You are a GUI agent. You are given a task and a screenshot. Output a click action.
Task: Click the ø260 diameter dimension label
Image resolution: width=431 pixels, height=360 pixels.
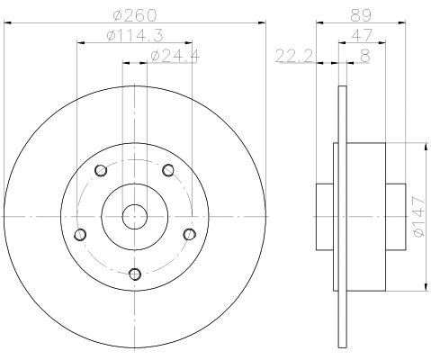pyautogui.click(x=135, y=15)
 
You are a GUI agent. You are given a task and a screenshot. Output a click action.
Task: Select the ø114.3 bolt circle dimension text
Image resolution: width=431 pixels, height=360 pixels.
pyautogui.click(x=135, y=36)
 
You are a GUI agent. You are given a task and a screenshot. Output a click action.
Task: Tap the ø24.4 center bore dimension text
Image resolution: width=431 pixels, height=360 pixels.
pyautogui.click(x=175, y=56)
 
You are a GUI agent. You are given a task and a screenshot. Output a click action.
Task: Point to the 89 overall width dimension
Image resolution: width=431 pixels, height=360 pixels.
pyautogui.click(x=361, y=15)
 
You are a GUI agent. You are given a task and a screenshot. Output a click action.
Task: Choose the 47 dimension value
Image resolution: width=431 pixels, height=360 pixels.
pyautogui.click(x=362, y=35)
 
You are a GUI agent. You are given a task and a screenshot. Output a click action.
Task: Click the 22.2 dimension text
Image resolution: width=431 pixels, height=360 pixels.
pyautogui.click(x=294, y=56)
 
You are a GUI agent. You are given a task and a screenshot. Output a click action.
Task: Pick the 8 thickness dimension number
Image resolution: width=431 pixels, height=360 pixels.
pyautogui.click(x=365, y=56)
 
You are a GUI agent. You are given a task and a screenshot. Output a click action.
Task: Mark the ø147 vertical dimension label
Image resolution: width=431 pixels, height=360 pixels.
pyautogui.click(x=418, y=216)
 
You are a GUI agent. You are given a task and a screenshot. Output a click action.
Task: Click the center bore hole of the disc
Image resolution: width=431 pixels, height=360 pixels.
pyautogui.click(x=135, y=216)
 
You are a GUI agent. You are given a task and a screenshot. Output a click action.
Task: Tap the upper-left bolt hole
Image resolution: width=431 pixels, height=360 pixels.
pyautogui.click(x=101, y=170)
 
